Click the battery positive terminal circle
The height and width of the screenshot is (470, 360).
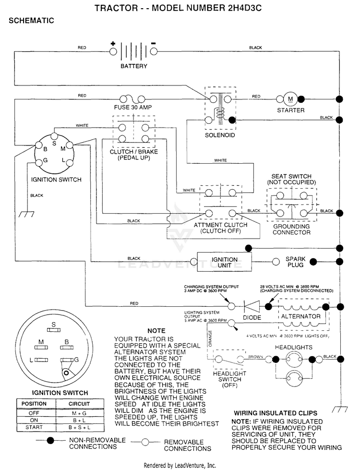pyautogui.click(x=113, y=51)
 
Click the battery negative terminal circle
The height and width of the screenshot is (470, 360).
pyautogui.click(x=154, y=51)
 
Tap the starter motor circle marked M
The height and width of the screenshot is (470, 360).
pyautogui.click(x=290, y=99)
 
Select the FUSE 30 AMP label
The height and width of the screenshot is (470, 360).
pyautogui.click(x=133, y=108)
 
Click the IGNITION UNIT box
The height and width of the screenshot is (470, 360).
pyautogui.click(x=224, y=262)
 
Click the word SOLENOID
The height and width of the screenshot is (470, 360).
pyautogui.click(x=220, y=135)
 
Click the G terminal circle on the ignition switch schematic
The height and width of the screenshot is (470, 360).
pyautogui.click(x=39, y=163)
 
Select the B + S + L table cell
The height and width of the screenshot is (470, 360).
pyautogui.click(x=79, y=427)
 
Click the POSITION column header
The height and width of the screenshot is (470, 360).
pyautogui.click(x=34, y=404)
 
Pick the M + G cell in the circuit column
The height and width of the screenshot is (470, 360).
pyautogui.click(x=79, y=413)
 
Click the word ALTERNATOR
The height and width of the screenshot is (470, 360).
pyautogui.click(x=300, y=316)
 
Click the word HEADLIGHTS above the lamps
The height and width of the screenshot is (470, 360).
pyautogui.click(x=293, y=348)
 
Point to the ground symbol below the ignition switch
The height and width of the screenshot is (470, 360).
pyautogui.click(x=26, y=214)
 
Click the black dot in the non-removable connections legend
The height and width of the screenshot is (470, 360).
pyautogui.click(x=50, y=440)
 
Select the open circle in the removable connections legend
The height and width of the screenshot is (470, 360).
pyautogui.click(x=145, y=442)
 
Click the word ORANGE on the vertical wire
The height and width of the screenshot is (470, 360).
pyautogui.click(x=210, y=338)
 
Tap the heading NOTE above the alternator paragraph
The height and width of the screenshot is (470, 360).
pyautogui.click(x=156, y=331)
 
